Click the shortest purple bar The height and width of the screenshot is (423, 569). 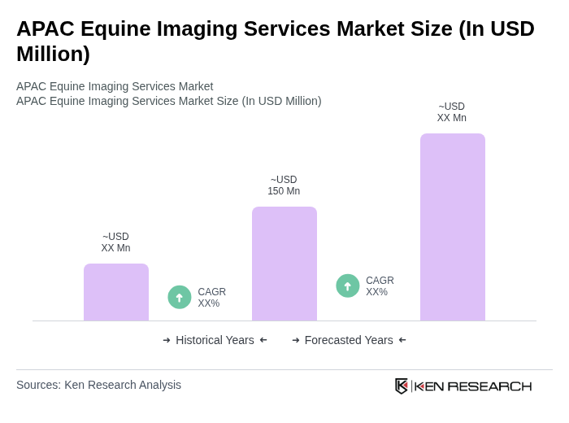(x=116, y=292)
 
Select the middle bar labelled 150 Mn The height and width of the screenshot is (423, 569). (x=284, y=264)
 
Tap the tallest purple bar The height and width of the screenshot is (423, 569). (x=453, y=227)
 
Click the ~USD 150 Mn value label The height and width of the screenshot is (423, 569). (x=284, y=185)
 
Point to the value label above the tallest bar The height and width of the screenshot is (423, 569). (x=452, y=112)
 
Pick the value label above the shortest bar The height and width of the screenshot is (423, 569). (x=115, y=242)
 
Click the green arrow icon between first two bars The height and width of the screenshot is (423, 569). (x=180, y=297)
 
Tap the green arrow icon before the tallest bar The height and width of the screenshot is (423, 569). (x=348, y=286)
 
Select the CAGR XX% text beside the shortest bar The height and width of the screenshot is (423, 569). (x=211, y=298)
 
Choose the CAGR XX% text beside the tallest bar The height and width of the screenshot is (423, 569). (x=380, y=286)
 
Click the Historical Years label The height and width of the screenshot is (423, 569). (x=215, y=340)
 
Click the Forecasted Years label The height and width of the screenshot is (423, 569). (x=349, y=340)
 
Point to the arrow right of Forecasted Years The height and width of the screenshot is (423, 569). (x=402, y=340)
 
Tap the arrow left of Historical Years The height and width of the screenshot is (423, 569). (x=167, y=340)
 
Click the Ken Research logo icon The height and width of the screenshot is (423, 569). (x=402, y=386)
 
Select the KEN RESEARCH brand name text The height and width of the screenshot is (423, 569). (x=473, y=386)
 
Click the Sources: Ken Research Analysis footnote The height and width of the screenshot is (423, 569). (x=98, y=385)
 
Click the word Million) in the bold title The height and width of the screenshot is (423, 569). (x=53, y=54)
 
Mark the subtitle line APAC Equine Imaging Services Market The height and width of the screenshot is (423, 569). (x=115, y=86)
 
